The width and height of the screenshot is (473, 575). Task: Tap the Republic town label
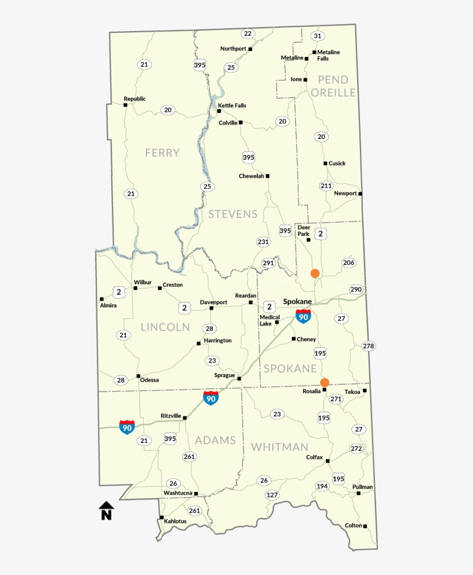coord(134,99)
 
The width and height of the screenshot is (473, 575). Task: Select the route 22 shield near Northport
coord(248,33)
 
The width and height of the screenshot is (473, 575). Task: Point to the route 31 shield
coord(317,36)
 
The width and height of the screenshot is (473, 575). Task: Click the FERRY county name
coord(162,153)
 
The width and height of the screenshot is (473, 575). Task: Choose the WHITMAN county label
coord(280,447)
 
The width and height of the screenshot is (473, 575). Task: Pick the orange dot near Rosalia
coord(325,382)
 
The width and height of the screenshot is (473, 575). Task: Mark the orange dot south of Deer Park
coord(315,273)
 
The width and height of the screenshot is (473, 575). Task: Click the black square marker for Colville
coord(241,122)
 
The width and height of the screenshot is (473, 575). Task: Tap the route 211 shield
coord(326,186)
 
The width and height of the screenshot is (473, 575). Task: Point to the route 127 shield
coord(272,495)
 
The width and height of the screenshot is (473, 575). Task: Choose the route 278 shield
coord(368,346)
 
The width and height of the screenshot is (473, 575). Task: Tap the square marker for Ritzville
coord(185,418)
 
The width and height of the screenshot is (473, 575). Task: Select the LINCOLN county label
coord(165,327)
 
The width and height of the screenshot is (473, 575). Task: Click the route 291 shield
coord(268,263)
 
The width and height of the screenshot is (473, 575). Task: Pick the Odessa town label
coord(149,380)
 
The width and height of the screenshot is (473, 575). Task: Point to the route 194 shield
coord(322,486)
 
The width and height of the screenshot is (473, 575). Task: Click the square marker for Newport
coord(361,194)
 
